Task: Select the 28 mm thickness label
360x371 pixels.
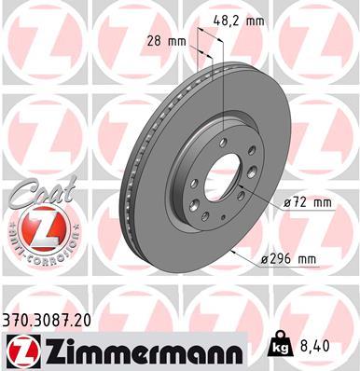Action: point(166,41)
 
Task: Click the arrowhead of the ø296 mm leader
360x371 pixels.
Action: point(233,254)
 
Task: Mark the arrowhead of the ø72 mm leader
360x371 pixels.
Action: point(240,190)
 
